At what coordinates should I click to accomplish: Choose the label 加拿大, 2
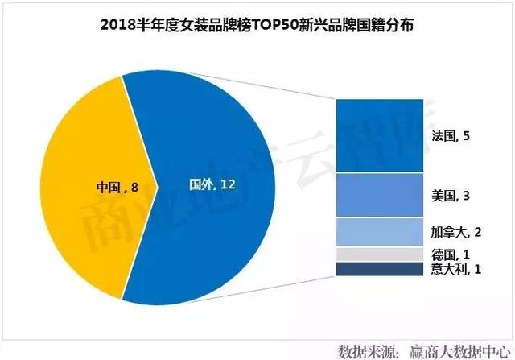pyautogui.click(x=456, y=232)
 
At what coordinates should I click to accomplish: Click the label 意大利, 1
pyautogui.click(x=456, y=268)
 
